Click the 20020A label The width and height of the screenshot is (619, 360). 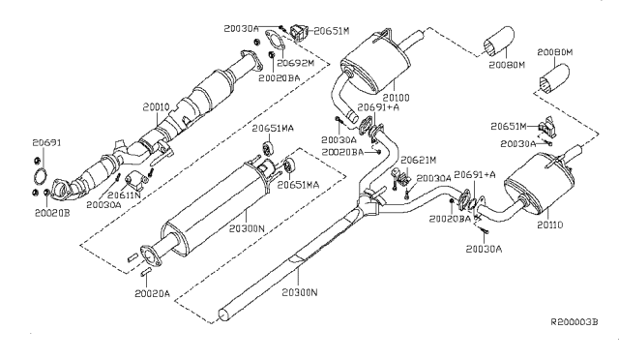(x=153, y=293)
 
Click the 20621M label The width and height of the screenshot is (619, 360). (x=419, y=160)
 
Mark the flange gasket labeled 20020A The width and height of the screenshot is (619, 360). (x=147, y=256)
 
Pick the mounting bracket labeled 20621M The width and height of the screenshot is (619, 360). (x=399, y=177)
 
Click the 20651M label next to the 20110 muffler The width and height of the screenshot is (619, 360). (x=508, y=127)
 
